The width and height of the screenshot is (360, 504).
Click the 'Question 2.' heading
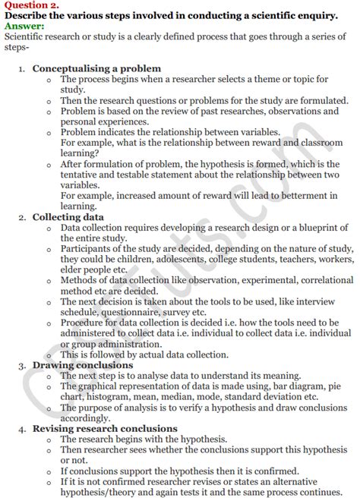(x=29, y=5)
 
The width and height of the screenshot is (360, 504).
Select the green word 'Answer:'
(x=24, y=26)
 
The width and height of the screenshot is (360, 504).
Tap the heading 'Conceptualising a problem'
(x=96, y=68)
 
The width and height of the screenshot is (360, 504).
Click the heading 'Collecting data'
(x=68, y=217)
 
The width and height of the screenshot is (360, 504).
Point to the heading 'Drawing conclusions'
(x=83, y=364)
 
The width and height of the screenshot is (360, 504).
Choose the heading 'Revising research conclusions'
(x=105, y=429)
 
